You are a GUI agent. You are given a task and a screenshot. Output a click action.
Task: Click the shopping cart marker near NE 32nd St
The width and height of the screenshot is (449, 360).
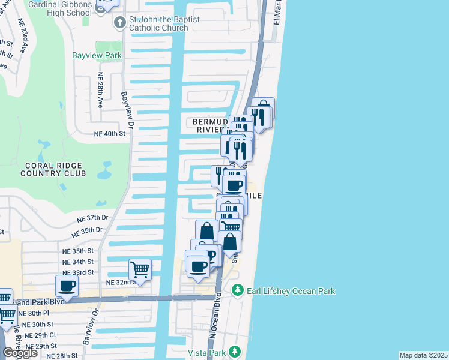140,269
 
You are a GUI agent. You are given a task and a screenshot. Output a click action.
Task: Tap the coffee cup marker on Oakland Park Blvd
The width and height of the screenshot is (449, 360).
67,286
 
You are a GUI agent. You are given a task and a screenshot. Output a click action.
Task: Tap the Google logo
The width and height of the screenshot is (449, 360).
20,353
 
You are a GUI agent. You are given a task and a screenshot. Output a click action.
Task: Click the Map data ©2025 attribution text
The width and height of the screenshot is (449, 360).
424,355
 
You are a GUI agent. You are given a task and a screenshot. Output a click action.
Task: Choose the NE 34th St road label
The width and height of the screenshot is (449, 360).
78,262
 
